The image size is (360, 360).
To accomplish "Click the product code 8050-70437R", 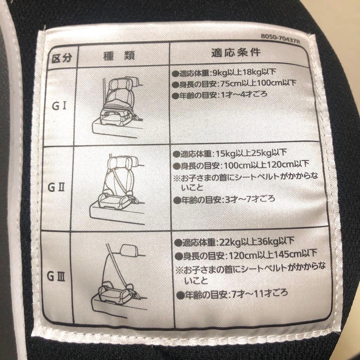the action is pyautogui.click(x=280, y=39).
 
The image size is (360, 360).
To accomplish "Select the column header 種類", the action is pyautogui.click(x=119, y=56).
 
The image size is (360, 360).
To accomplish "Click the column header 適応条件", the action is pyautogui.click(x=236, y=52).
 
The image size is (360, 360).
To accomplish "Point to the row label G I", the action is pyautogui.click(x=59, y=106).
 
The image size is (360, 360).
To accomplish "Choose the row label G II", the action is pyautogui.click(x=56, y=188).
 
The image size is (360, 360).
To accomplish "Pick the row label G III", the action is pyautogui.click(x=56, y=276).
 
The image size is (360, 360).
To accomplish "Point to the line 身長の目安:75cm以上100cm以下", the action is pyautogui.click(x=234, y=84).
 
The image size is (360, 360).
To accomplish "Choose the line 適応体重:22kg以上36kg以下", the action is pyautogui.click(x=234, y=242).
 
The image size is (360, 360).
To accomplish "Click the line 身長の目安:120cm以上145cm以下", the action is pyautogui.click(x=246, y=255).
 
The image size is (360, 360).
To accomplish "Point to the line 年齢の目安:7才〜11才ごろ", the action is pyautogui.click(x=232, y=294).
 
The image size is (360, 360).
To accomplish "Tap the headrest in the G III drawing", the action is pyautogui.click(x=129, y=250).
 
